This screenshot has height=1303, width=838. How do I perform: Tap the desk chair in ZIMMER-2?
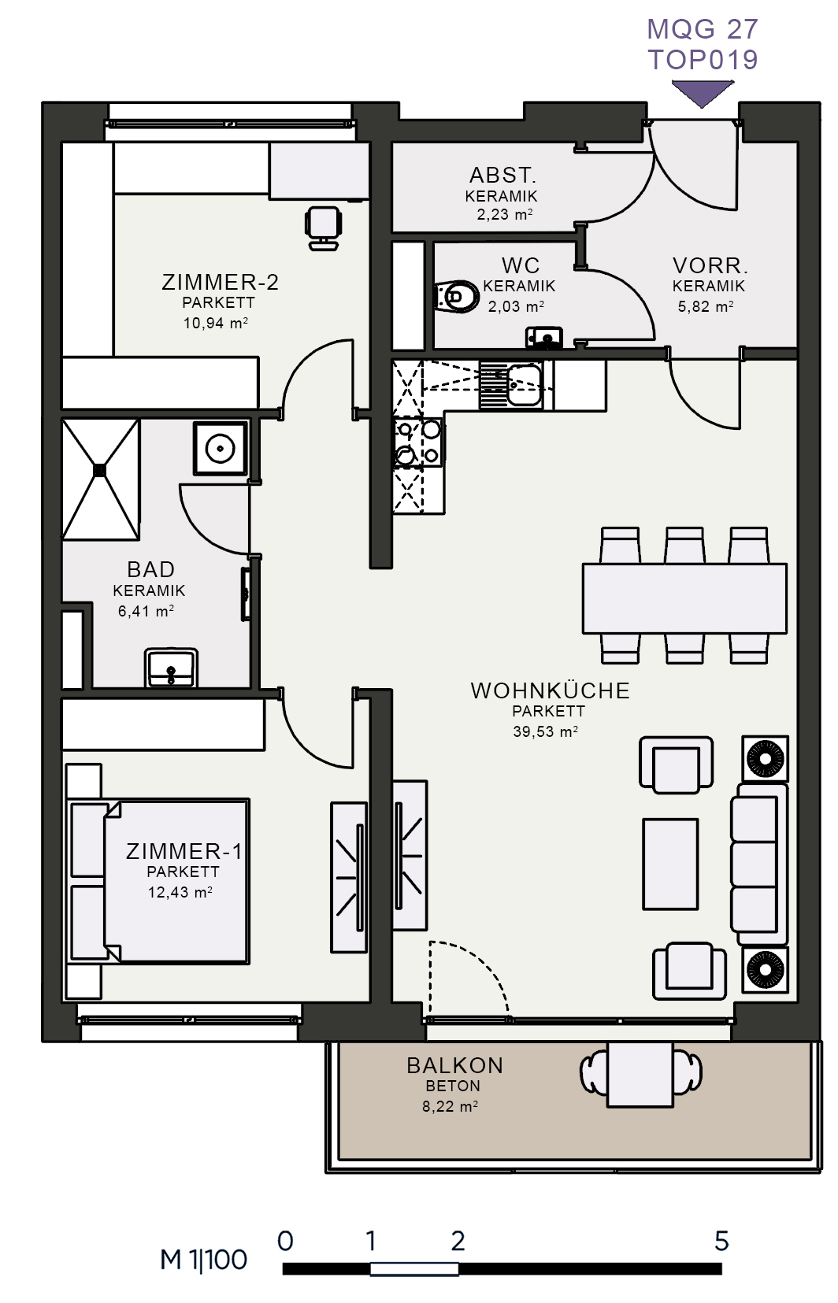coord(323,228)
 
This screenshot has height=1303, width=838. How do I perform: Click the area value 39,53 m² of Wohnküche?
coord(545,731)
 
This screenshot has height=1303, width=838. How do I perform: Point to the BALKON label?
coord(454,1066)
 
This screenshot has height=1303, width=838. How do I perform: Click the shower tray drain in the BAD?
coord(100,470)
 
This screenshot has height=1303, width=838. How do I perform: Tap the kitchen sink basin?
coord(524,384)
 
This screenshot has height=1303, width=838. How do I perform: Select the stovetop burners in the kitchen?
coord(418,442)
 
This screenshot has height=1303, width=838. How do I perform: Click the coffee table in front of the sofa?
coord(670,864)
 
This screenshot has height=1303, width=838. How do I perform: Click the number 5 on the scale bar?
coord(721,1242)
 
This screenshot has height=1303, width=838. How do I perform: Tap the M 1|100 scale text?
coord(203,1260)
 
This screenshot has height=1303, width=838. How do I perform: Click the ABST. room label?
coord(502,175)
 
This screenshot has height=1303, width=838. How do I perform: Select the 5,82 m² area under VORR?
coord(706,306)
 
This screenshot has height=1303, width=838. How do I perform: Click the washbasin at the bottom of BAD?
coord(171,668)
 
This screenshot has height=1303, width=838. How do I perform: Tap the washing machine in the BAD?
coord(221,449)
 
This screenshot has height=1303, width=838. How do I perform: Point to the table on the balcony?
coord(640,1074)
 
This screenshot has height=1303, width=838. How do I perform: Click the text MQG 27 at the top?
coord(703,29)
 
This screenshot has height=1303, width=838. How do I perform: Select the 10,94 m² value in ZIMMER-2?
coord(216,323)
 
